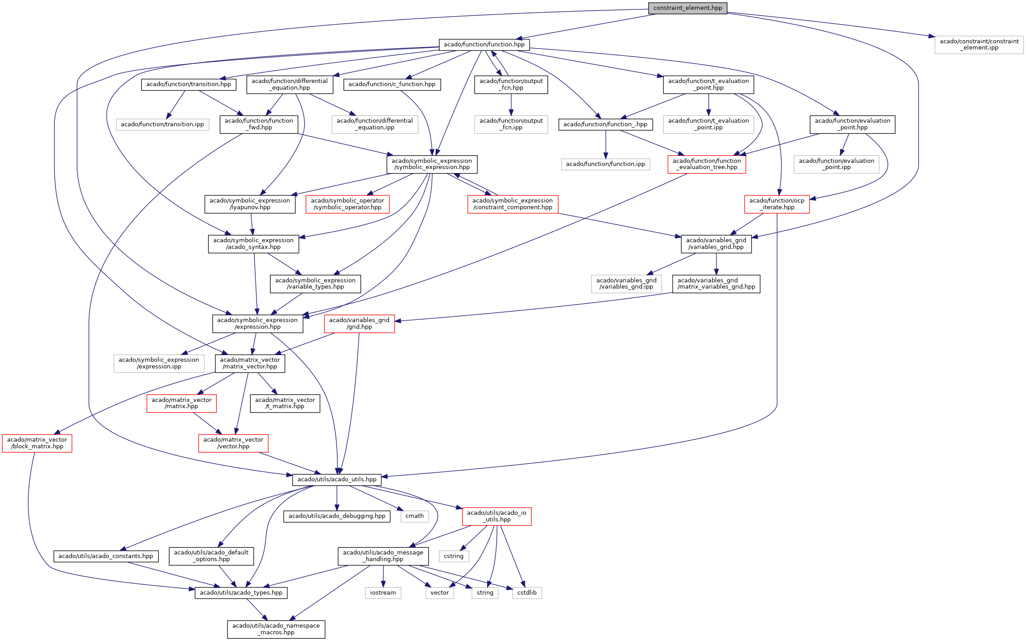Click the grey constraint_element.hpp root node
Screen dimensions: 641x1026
tap(687, 8)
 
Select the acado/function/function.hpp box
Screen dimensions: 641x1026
tap(484, 45)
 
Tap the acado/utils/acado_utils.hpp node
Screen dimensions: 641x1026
tap(337, 480)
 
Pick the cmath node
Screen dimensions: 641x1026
tap(414, 516)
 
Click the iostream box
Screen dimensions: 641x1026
tap(383, 593)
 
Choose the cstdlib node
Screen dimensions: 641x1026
tap(527, 593)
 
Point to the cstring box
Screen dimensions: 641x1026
tap(454, 556)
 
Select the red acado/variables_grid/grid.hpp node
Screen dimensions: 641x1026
tap(359, 323)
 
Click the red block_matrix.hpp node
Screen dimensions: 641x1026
tap(37, 443)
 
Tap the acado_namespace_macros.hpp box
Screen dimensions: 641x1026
tap(276, 629)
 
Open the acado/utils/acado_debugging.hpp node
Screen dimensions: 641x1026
tap(337, 516)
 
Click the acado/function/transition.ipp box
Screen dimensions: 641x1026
tap(162, 124)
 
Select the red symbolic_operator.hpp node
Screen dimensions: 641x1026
tap(348, 204)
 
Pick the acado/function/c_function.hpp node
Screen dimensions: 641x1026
tap(392, 84)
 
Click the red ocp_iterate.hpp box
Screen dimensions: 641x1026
tap(777, 204)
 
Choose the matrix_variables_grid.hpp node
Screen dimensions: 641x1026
tap(716, 284)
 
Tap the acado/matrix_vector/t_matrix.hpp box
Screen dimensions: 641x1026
tap(285, 403)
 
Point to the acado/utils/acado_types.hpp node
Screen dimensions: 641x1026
tap(241, 593)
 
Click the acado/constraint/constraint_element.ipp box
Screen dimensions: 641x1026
tap(979, 45)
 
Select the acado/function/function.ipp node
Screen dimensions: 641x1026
tap(605, 164)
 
